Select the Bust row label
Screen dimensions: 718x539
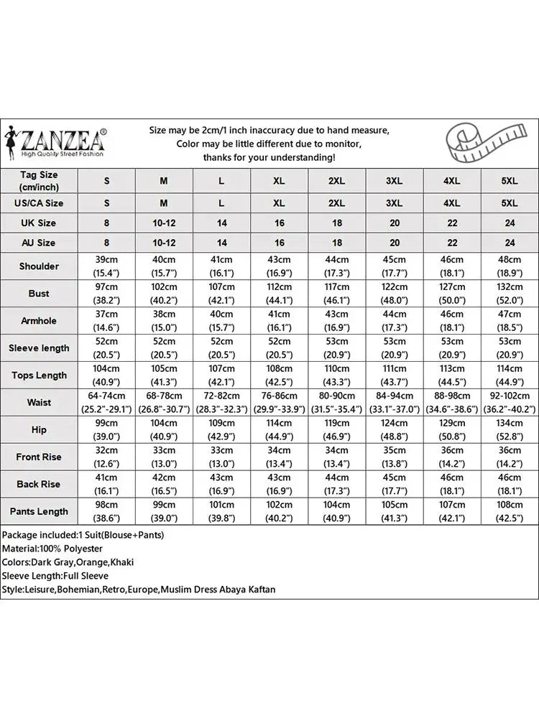click(39, 293)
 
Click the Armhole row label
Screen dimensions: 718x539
click(39, 320)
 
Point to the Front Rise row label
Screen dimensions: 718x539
click(39, 457)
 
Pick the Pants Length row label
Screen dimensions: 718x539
click(39, 511)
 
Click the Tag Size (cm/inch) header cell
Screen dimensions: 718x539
click(39, 180)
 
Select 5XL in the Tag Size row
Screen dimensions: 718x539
click(510, 181)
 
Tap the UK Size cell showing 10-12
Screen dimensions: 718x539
click(164, 223)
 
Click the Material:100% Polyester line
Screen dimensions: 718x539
click(52, 549)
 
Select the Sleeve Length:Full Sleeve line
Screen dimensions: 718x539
click(55, 576)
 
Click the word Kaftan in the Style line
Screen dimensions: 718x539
click(259, 589)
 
